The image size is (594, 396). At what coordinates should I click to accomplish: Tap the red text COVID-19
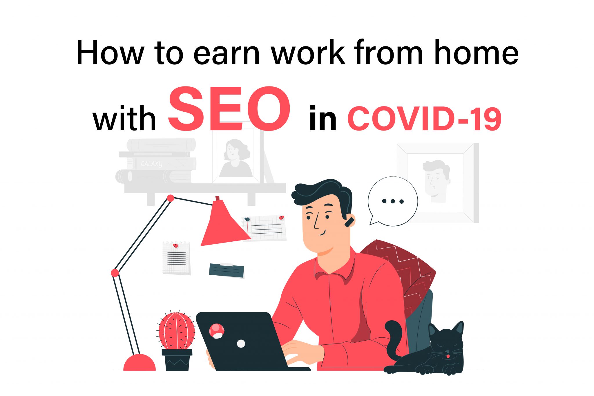tap(425, 119)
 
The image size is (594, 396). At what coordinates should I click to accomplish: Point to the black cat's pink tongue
tap(448, 356)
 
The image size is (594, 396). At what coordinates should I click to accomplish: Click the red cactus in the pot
tap(176, 330)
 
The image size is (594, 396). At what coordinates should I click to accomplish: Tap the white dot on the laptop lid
tap(241, 343)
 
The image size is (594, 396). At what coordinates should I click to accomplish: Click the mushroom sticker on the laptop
tap(217, 331)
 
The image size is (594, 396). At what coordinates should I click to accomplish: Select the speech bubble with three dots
tap(392, 201)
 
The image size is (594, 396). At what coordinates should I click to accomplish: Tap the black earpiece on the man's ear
tap(349, 222)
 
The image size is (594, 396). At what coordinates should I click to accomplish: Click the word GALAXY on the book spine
tap(151, 164)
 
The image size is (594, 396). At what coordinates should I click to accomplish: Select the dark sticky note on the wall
tap(227, 270)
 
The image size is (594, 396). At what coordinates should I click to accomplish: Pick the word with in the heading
tap(124, 119)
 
